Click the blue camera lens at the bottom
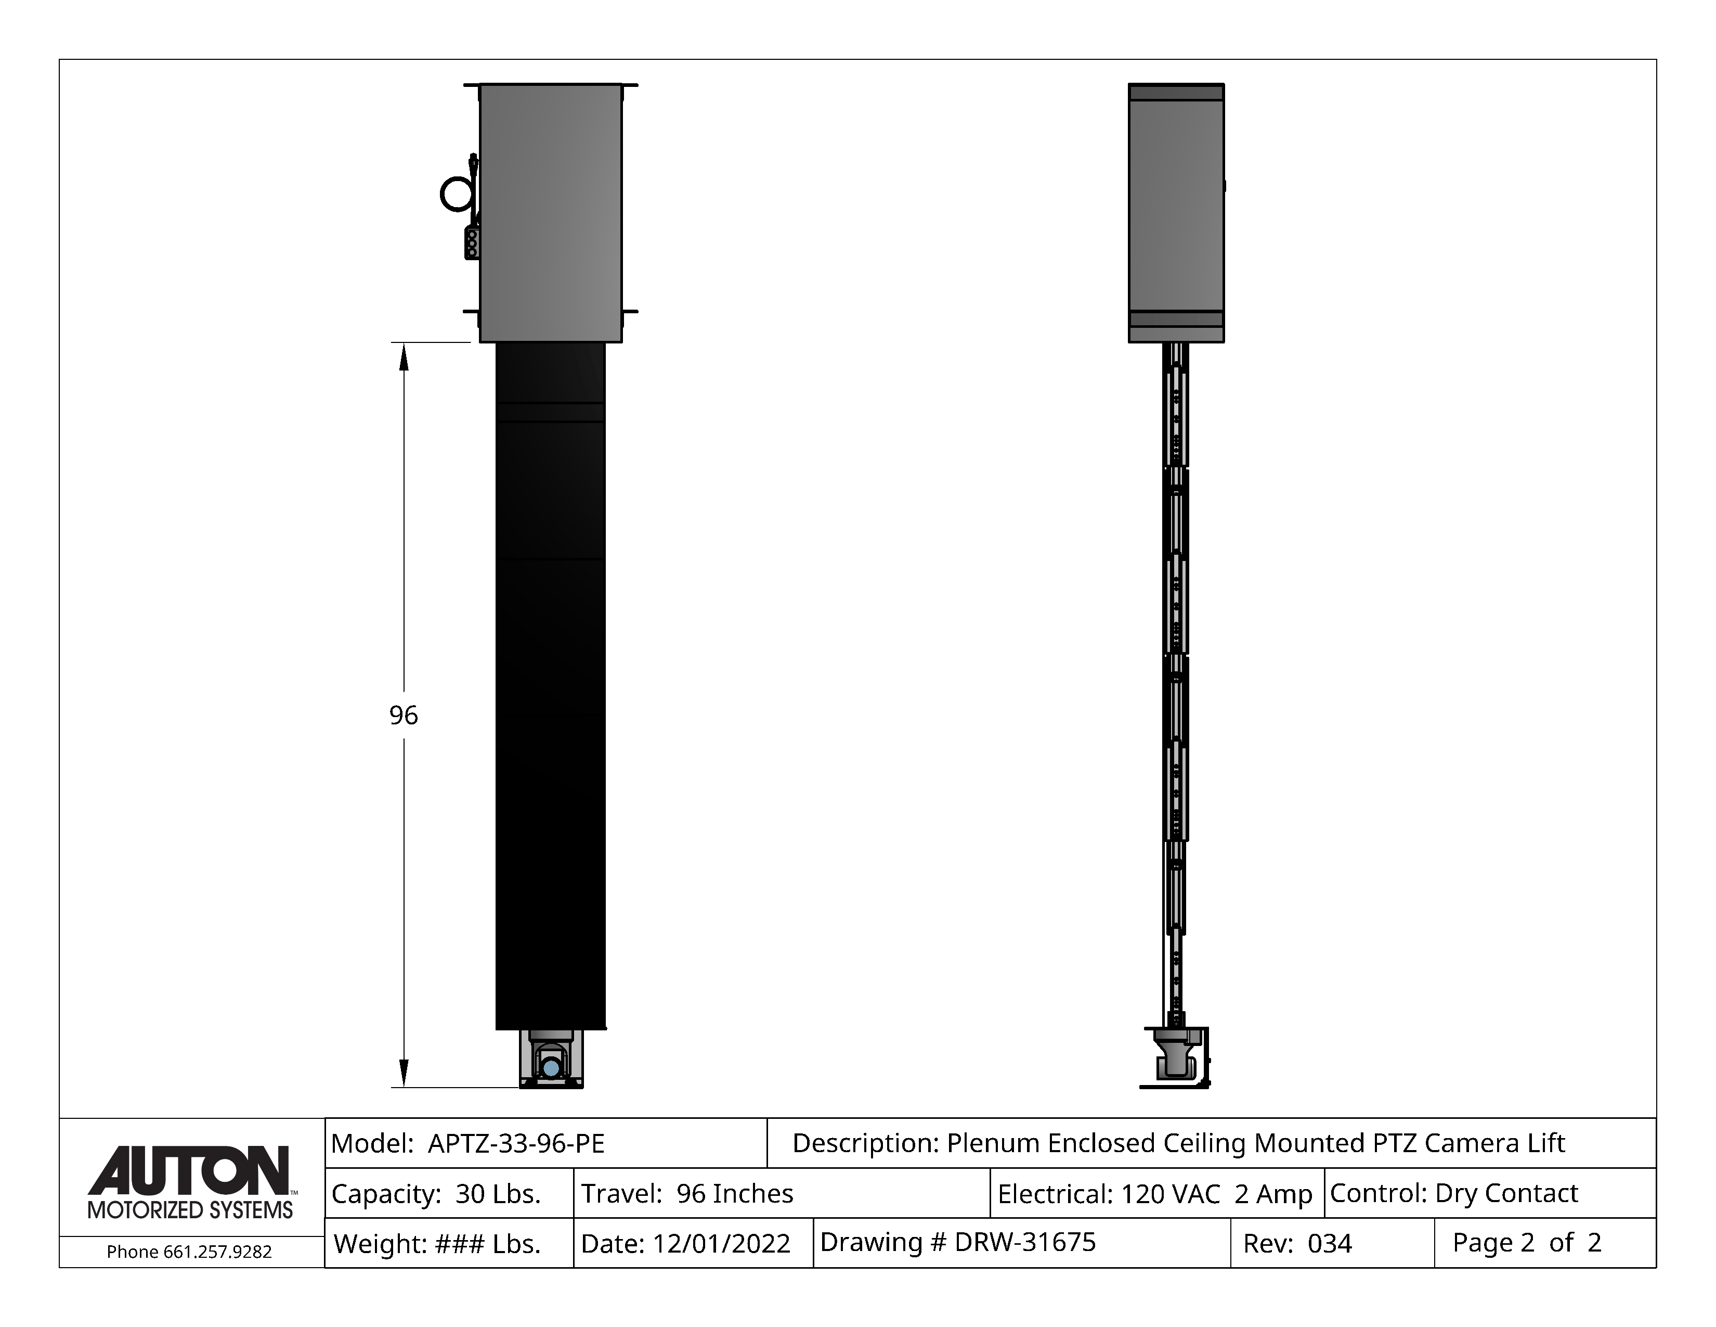coord(551,1067)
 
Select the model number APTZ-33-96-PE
coord(516,1143)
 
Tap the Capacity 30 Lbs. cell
coord(449,1193)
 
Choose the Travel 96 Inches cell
coord(782,1193)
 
